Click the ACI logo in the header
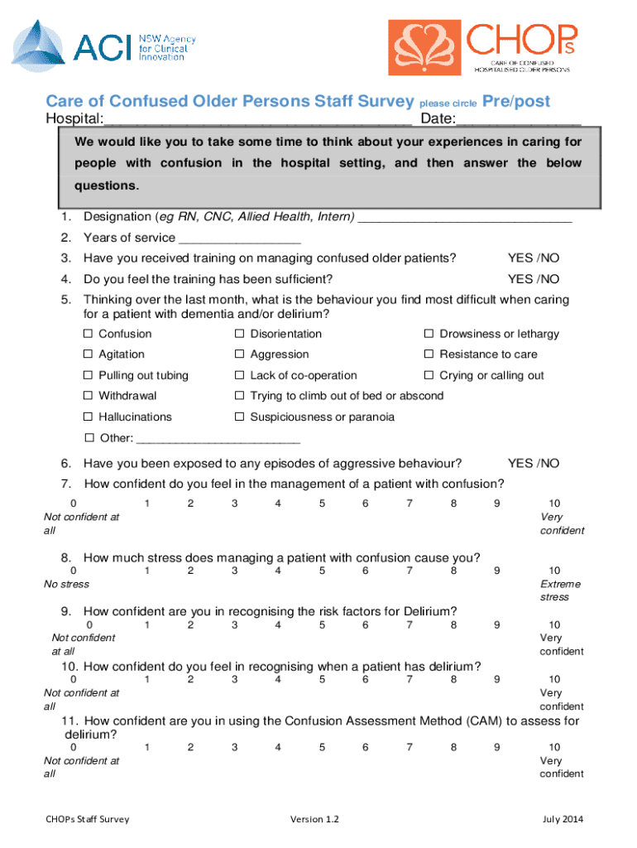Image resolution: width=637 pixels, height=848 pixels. click(x=87, y=42)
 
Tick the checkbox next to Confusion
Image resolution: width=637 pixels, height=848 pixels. click(x=88, y=334)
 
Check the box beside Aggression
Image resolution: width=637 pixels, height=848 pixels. click(x=239, y=354)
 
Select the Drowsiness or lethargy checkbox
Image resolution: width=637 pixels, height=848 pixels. click(x=429, y=334)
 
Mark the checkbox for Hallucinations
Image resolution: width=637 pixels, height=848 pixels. click(x=88, y=417)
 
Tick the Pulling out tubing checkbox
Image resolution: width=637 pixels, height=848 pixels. click(x=88, y=376)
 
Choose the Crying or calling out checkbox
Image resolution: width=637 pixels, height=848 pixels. click(x=429, y=376)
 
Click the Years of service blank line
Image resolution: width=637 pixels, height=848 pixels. click(x=240, y=239)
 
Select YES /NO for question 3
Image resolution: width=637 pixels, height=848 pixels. click(x=534, y=258)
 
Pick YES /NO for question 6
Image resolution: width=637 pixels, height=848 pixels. click(x=534, y=463)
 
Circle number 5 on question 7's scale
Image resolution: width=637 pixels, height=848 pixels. click(x=322, y=503)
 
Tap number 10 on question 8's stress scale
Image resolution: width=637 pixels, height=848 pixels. click(x=554, y=571)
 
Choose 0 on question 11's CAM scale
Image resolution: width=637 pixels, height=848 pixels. click(x=74, y=747)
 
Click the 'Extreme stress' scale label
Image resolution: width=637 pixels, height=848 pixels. click(x=560, y=590)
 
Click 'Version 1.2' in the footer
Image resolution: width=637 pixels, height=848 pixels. click(x=314, y=820)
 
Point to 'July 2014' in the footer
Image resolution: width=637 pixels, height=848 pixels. click(x=563, y=820)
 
